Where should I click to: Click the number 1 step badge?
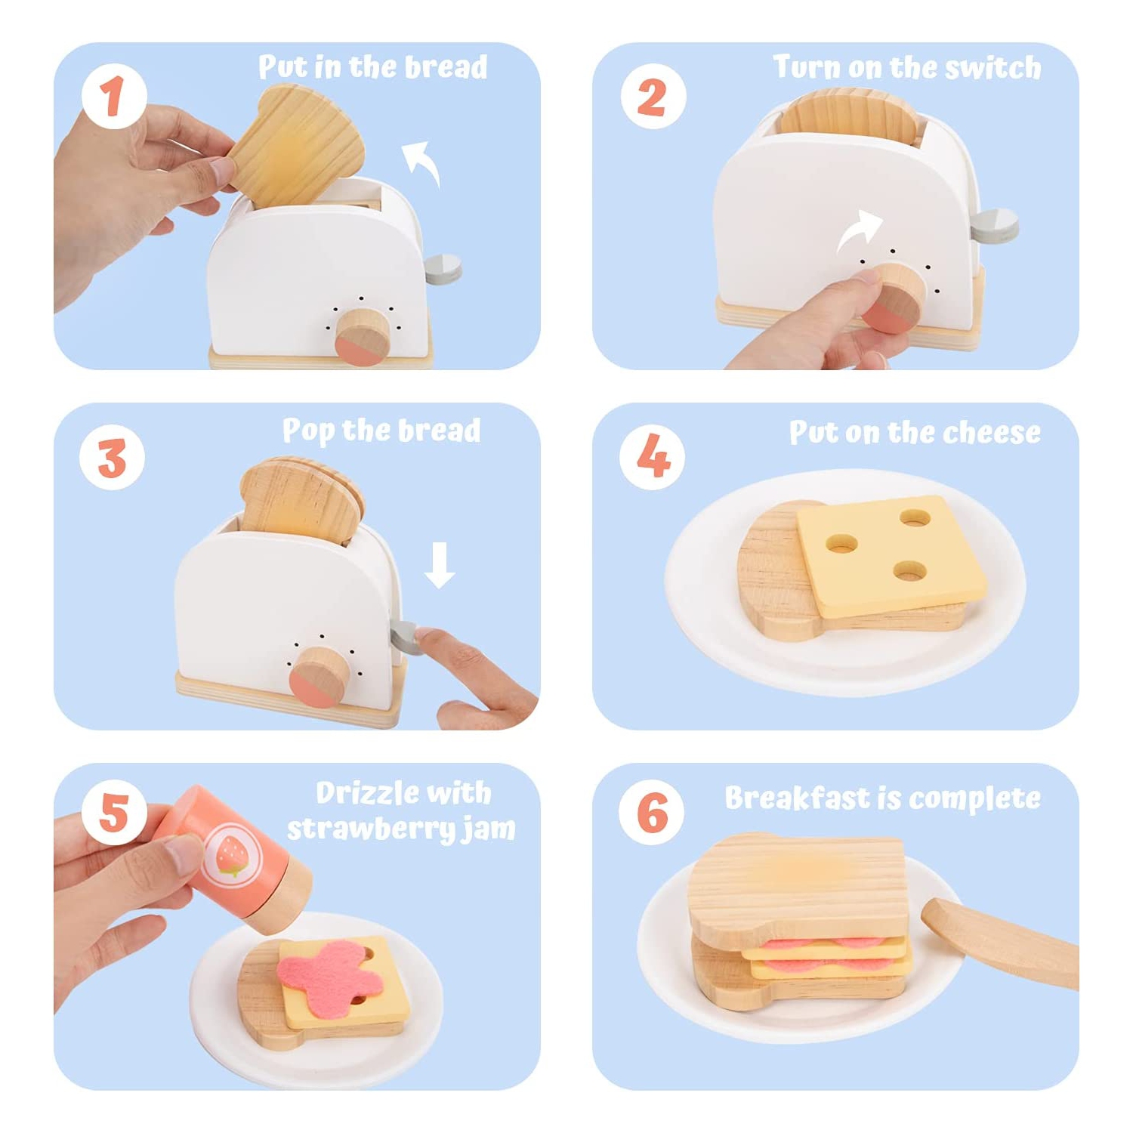(x=114, y=97)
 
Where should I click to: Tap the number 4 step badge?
(x=653, y=457)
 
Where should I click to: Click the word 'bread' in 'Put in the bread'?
(x=446, y=67)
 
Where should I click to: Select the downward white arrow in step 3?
(x=439, y=565)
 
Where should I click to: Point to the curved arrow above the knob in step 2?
(x=860, y=231)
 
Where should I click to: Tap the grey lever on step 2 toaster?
(x=995, y=225)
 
